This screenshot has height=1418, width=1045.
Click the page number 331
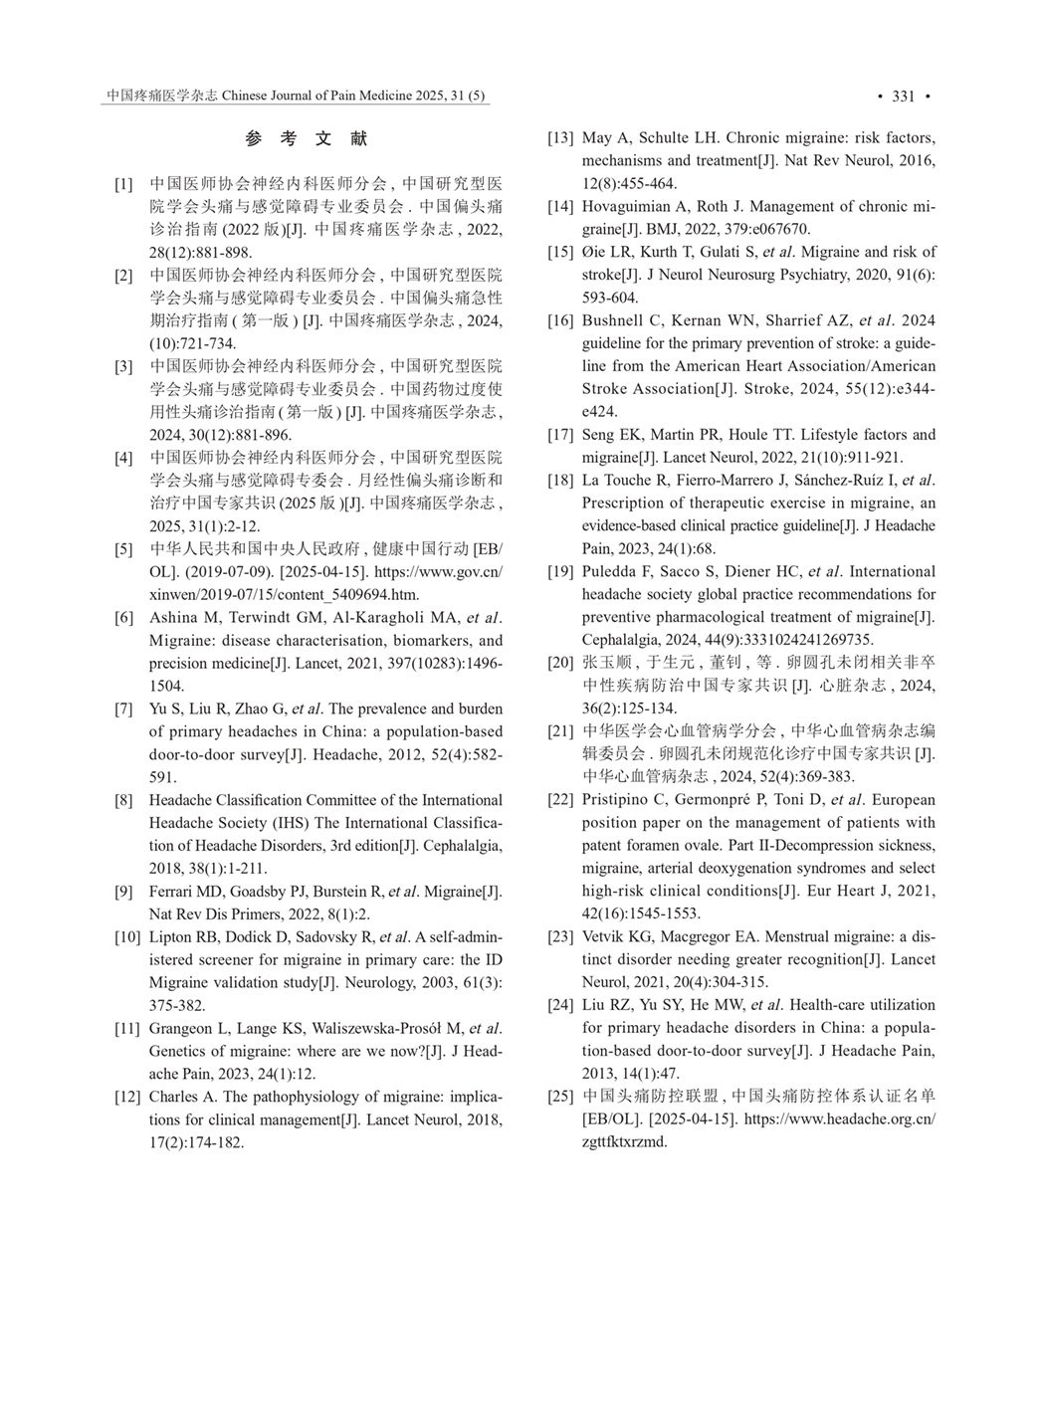[x=903, y=97]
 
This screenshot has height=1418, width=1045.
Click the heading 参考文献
[x=307, y=139]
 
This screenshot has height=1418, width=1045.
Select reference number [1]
[x=123, y=184]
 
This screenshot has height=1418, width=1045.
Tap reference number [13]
[x=560, y=138]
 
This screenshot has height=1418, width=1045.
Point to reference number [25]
[x=560, y=1097]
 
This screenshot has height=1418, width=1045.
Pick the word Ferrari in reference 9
[x=174, y=892]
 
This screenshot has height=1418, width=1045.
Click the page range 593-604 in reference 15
[x=610, y=298]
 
